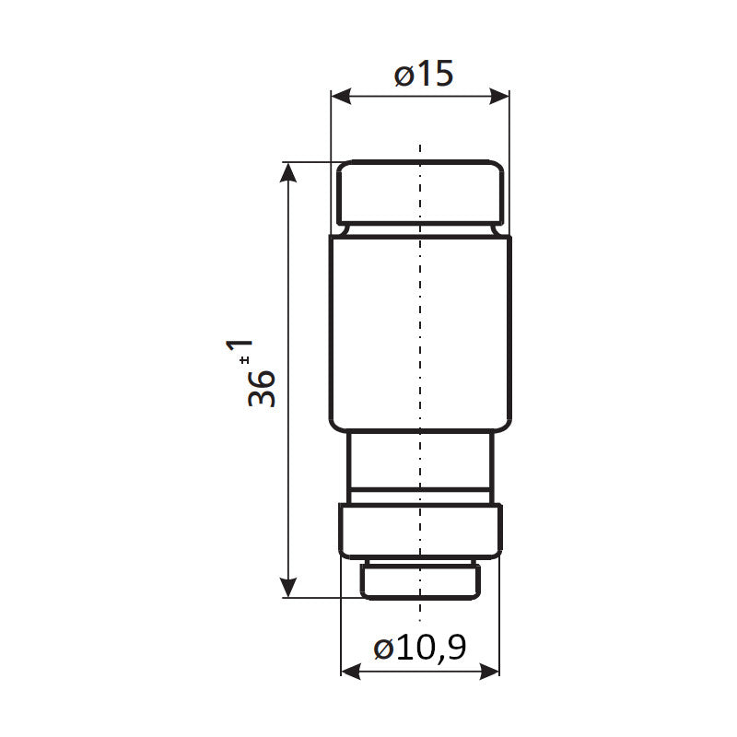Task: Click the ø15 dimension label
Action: (x=424, y=74)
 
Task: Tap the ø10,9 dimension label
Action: (x=420, y=648)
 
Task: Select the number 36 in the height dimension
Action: (x=262, y=388)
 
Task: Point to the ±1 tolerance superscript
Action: (x=240, y=351)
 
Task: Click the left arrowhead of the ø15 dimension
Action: (x=341, y=97)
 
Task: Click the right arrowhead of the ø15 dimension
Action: (x=499, y=97)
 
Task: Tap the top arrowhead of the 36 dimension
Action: (x=288, y=171)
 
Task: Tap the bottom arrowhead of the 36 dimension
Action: (x=288, y=588)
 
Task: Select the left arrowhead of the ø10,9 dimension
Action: (x=351, y=672)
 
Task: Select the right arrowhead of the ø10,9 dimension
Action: (x=489, y=672)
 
